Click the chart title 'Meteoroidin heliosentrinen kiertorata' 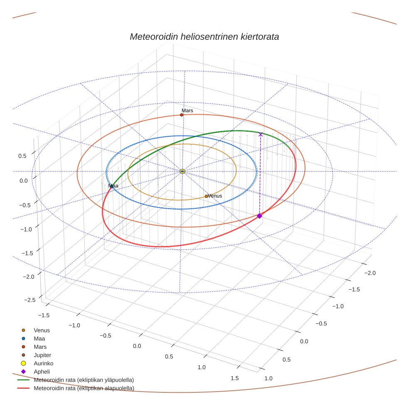(x=204, y=37)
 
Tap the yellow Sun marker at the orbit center (x=182, y=171)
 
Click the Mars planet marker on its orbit (x=182, y=115)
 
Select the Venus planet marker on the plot (x=206, y=196)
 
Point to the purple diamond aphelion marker (x=259, y=216)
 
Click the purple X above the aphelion (x=261, y=134)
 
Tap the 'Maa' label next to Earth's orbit (x=113, y=186)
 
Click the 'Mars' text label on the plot (x=187, y=111)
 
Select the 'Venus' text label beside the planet (x=215, y=196)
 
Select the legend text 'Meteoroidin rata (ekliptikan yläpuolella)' (x=84, y=380)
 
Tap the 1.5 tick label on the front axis (x=234, y=378)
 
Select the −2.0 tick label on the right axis (x=370, y=273)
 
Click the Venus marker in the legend (x=23, y=330)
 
